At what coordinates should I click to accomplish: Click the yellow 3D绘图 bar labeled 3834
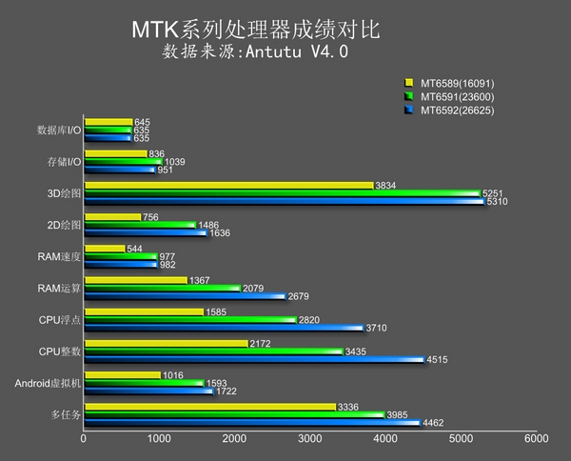228,185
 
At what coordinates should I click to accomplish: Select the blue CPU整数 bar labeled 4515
254,359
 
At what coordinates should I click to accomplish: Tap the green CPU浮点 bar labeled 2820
190,320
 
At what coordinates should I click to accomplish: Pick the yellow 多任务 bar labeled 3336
209,406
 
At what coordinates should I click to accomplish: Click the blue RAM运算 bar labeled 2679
185,296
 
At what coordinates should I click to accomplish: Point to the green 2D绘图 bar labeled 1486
140,225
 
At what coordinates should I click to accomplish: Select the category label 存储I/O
62,162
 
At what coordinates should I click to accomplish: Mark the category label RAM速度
58,256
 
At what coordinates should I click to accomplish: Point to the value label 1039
175,162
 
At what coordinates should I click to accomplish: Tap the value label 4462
434,422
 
